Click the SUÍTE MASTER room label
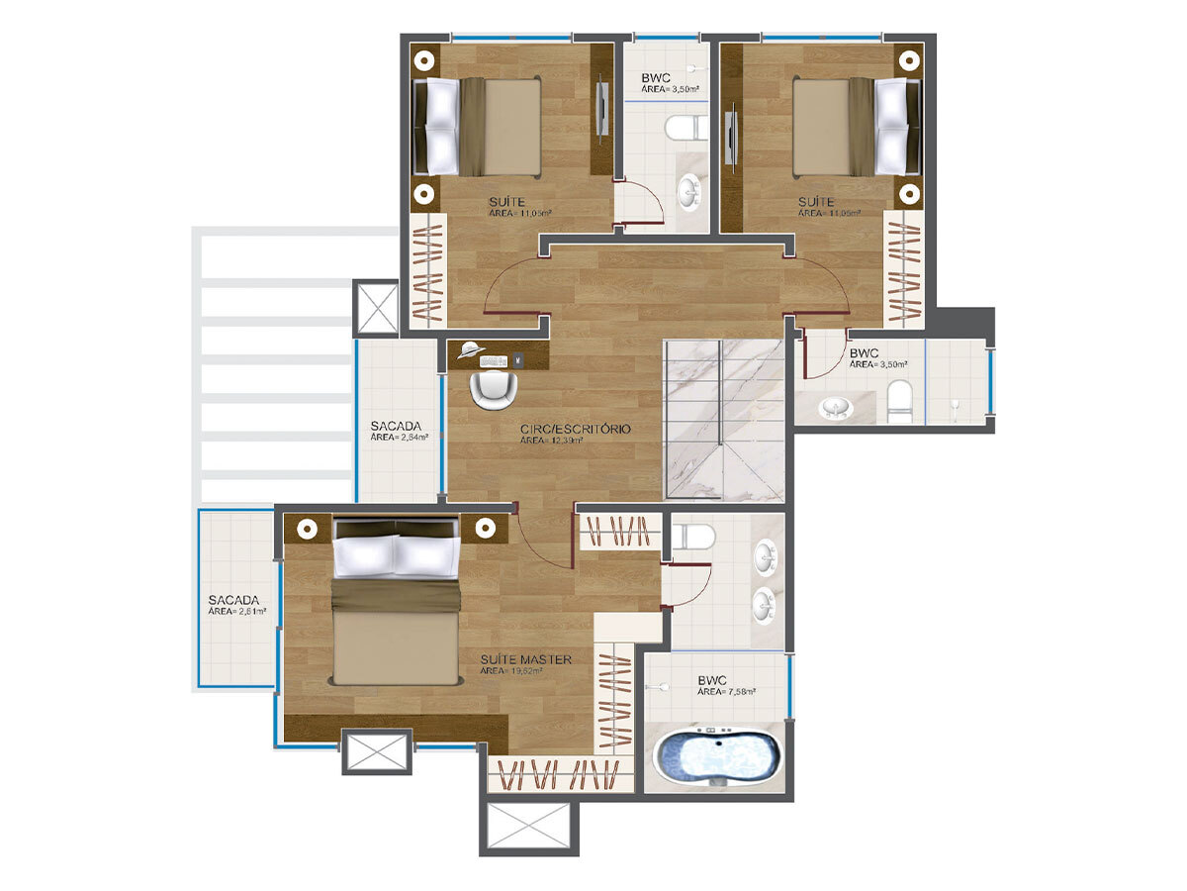point(525,658)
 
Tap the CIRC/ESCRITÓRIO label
point(575,430)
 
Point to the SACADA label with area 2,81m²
point(233,600)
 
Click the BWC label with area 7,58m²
point(712,681)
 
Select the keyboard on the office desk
point(494,360)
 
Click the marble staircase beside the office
point(724,420)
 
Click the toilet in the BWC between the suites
point(684,128)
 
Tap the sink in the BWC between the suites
point(688,192)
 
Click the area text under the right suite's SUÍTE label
point(828,214)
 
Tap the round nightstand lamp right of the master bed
point(486,528)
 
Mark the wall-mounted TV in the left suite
point(602,109)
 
